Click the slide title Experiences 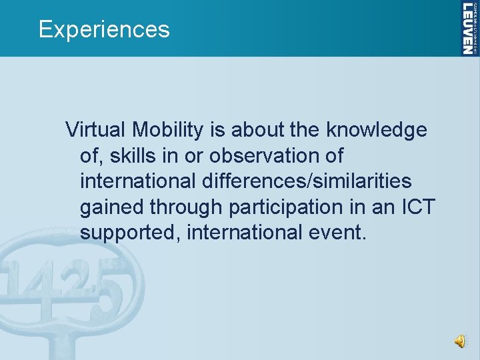(x=104, y=29)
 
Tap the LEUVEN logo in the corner (x=469, y=28)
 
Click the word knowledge (x=377, y=130)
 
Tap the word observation (x=266, y=156)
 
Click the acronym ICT (x=417, y=207)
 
